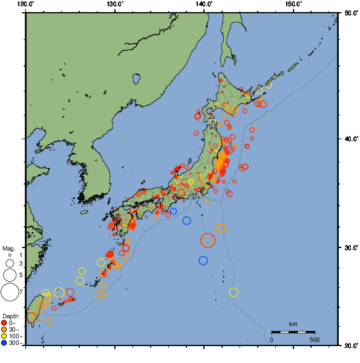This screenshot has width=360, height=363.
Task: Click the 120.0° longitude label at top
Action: (25, 4)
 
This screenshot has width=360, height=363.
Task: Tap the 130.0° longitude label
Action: (115, 4)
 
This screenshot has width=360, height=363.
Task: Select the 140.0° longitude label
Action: (204, 4)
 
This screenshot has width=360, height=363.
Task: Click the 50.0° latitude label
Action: (350, 13)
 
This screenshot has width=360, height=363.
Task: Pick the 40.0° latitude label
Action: (350, 139)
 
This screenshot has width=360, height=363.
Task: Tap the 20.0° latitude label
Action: (350, 345)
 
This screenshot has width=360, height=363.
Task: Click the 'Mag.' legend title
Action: (8, 248)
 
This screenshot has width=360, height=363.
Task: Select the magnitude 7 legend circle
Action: (10, 292)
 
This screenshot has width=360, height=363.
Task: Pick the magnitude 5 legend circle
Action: (10, 275)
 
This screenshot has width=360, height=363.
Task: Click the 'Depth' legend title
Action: (10, 316)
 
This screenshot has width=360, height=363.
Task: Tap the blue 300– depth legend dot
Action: (4, 343)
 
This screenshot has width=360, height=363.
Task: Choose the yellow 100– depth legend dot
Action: (4, 336)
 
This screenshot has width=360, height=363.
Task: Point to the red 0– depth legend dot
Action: (4, 322)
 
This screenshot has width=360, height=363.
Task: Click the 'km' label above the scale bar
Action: (293, 324)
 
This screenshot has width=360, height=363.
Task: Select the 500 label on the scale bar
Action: (315, 339)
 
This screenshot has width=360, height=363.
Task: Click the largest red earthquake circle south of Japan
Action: (208, 240)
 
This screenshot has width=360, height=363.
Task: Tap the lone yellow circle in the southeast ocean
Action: (234, 292)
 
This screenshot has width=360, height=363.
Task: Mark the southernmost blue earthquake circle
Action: (203, 260)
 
